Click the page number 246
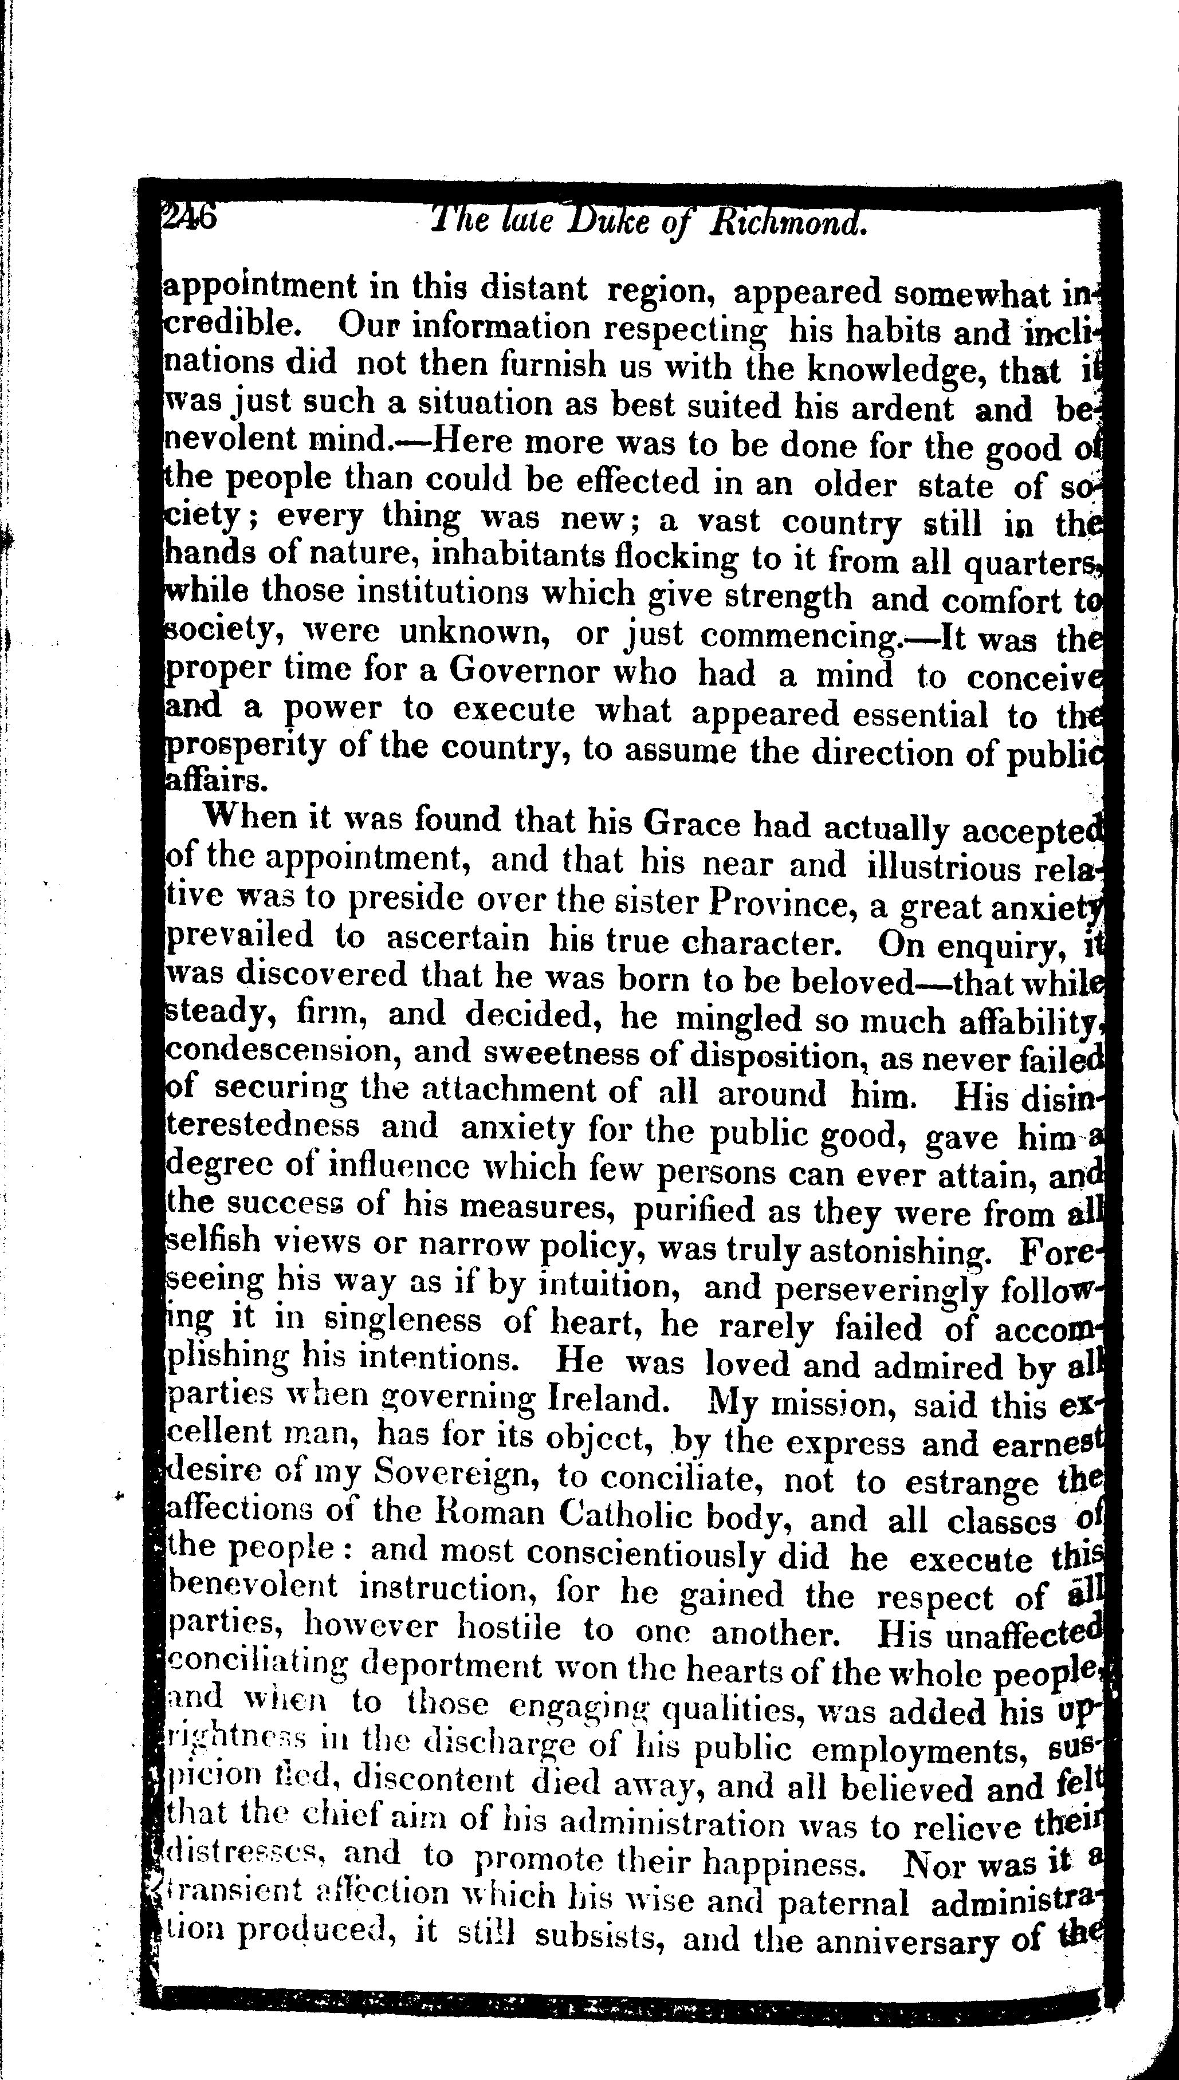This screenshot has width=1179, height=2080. (188, 217)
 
